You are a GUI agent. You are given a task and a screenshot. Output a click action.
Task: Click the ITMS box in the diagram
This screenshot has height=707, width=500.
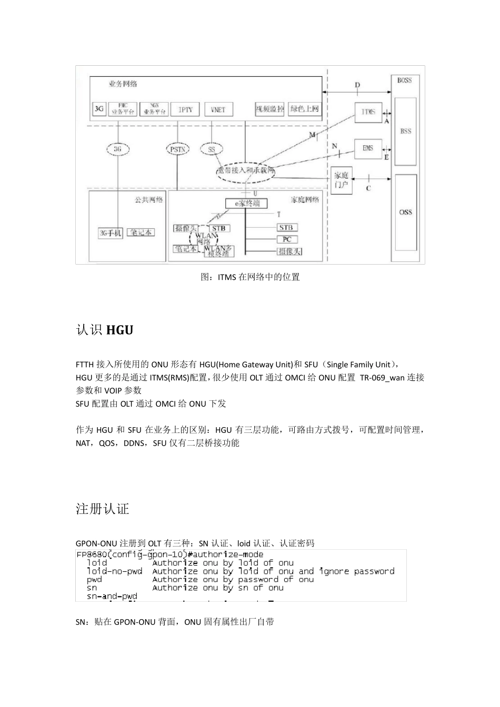point(368,112)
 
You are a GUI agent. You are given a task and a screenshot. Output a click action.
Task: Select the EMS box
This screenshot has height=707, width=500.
point(367,148)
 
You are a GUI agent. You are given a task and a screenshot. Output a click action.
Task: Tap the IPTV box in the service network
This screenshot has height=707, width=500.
point(185,109)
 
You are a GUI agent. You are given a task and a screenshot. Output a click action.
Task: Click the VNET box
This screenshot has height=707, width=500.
point(218,109)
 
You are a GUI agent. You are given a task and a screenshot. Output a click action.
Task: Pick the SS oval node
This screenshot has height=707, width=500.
point(212,150)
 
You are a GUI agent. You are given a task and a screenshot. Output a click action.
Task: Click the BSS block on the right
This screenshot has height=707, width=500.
point(406,131)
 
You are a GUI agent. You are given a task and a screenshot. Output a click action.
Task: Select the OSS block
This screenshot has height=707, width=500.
point(406,213)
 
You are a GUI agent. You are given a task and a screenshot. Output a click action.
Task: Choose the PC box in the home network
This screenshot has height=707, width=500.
point(286,239)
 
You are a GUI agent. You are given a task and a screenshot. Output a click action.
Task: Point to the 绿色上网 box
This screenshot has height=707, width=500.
point(305,109)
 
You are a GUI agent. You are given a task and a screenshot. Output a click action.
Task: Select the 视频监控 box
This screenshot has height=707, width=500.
point(270,109)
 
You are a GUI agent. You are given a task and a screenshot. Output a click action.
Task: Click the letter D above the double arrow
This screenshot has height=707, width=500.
point(357,85)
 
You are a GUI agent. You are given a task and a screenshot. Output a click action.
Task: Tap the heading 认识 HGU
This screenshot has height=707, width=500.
point(105,330)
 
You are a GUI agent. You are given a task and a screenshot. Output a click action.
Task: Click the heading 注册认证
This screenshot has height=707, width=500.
point(103,509)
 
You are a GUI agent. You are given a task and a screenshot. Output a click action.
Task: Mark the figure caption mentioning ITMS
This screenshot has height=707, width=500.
point(250,277)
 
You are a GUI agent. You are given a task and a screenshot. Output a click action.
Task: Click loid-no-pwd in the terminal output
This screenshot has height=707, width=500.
point(114,571)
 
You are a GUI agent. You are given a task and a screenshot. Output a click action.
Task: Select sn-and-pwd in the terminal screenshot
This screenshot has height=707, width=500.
point(112,596)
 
